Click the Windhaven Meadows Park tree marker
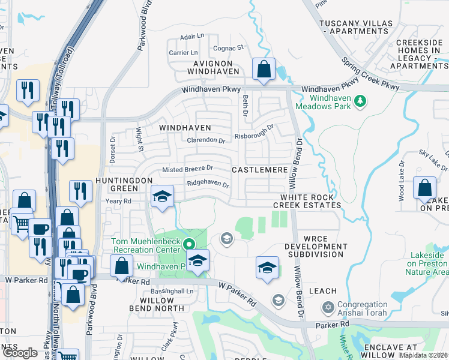tap(360, 101)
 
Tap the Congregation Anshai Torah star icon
tap(328, 308)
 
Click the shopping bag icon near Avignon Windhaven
tap(264, 69)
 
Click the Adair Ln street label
tap(193, 37)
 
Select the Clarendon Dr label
tap(205, 140)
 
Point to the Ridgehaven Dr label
tap(208, 185)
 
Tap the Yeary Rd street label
tap(118, 201)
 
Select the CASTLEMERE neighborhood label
tap(259, 170)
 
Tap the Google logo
tap(20, 353)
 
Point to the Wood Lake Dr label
tap(401, 181)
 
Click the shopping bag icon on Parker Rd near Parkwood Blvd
tap(122, 266)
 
